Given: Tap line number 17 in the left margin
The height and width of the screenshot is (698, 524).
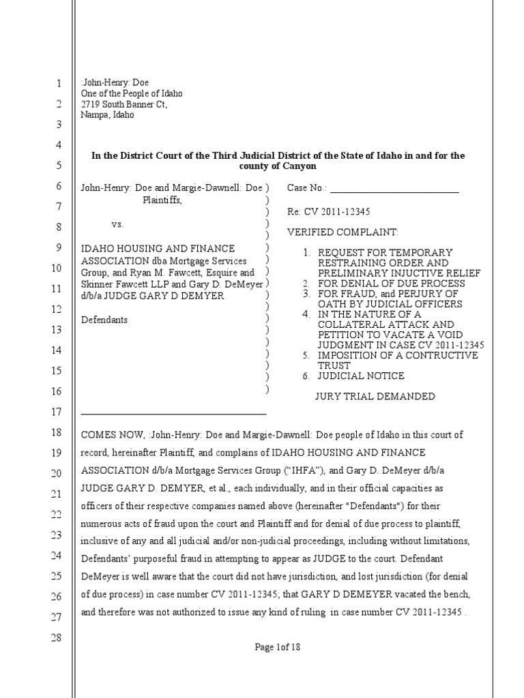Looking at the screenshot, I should click(x=57, y=412).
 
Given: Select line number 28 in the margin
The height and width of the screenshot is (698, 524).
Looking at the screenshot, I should click(x=57, y=638).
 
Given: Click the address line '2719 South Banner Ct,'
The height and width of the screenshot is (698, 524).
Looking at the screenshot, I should click(x=123, y=104).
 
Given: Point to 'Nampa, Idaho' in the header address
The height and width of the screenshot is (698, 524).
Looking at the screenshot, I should click(x=107, y=115).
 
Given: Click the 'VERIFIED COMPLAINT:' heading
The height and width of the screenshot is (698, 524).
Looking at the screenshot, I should click(x=338, y=232).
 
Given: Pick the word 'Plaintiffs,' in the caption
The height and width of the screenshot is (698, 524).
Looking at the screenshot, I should click(x=162, y=200).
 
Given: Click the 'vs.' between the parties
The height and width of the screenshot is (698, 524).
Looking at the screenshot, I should click(x=118, y=224).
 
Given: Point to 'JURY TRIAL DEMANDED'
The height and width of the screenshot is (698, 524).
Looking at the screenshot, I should click(x=375, y=396).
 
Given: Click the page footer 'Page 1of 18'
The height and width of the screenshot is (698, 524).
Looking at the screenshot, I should click(x=277, y=648).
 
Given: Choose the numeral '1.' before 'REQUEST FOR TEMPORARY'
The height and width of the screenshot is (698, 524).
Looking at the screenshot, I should click(x=308, y=253).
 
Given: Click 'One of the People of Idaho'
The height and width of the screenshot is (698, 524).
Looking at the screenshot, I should click(x=132, y=93).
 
